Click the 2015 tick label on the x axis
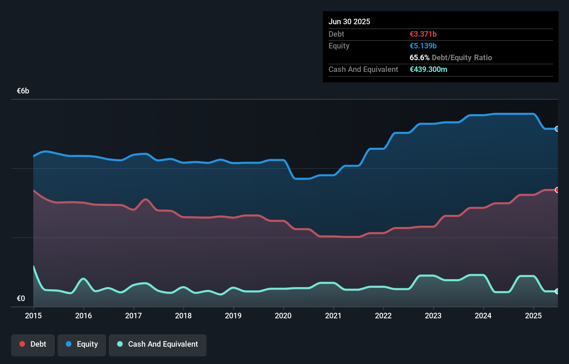coord(33,316)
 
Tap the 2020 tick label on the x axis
coord(283,316)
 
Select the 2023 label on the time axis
coord(433,316)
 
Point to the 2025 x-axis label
coord(533,316)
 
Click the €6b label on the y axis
coord(23,91)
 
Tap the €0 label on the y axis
coord(21,298)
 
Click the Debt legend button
coord(33,344)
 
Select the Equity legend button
coord(82,344)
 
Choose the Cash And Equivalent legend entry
coord(158,344)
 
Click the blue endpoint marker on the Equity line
coord(557,129)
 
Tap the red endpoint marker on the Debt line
coord(557,190)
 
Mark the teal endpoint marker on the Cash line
coord(557,291)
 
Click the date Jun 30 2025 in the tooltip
coord(349,21)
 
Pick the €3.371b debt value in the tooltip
coord(423,34)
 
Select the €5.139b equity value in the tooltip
coord(423,46)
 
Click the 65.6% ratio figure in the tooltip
coord(419,57)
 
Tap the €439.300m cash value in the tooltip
coord(428,69)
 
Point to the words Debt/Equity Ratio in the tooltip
coord(462,57)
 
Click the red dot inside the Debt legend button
coord(22,344)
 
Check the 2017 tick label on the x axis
coord(133,316)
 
